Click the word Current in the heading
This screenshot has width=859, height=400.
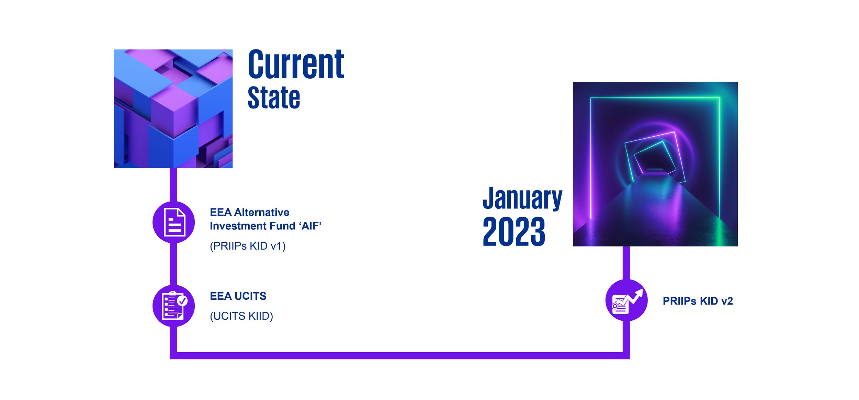point(296,64)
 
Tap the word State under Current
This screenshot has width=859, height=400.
point(274,98)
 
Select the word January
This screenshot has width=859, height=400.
point(522,198)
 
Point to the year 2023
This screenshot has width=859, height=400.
point(514,231)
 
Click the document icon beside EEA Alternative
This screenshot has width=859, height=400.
point(174,222)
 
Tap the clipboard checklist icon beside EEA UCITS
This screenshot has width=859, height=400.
point(174,306)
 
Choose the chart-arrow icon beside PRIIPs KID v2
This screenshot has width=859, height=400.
point(626,300)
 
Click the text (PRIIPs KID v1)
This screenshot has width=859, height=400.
point(248,246)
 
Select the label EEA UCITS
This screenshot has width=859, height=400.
point(238,296)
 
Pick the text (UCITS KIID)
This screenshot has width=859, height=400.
point(241,316)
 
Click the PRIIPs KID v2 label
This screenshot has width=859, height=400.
point(698,301)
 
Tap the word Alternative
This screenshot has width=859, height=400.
point(262,213)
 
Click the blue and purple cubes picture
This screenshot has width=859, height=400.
point(173,109)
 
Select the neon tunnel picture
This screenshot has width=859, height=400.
point(655,164)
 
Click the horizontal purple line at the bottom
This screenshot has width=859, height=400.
point(400,355)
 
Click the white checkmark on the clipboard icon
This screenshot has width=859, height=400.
point(182,301)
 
